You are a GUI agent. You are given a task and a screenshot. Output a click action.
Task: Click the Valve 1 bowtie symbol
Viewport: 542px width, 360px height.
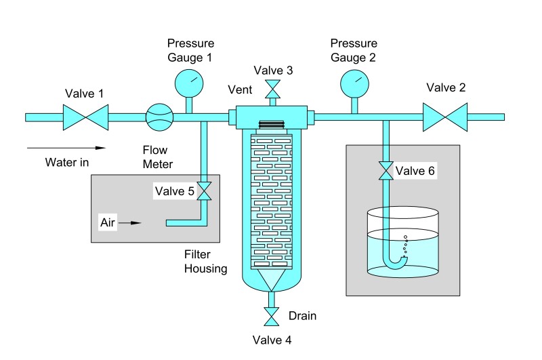tap(84, 117)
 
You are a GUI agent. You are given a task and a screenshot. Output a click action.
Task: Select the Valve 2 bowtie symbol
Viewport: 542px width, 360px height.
tap(445, 117)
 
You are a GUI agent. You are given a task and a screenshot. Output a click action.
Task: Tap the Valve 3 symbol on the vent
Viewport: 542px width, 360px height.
tap(272, 89)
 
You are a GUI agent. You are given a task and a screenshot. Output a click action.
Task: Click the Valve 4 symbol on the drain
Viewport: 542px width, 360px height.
tap(272, 317)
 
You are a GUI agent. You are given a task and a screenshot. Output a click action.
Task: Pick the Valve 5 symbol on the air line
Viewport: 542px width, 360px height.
tap(205, 192)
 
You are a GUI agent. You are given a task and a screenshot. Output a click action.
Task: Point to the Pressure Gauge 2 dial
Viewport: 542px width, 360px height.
tap(353, 83)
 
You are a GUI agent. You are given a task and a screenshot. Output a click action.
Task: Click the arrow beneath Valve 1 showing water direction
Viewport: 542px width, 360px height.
tap(67, 146)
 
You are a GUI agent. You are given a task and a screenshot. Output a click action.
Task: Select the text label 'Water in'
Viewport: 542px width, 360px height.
tap(68, 162)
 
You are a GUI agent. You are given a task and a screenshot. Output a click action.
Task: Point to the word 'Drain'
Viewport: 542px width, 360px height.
tap(302, 316)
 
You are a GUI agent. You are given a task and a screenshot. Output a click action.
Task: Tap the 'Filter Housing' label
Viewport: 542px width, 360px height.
tap(205, 262)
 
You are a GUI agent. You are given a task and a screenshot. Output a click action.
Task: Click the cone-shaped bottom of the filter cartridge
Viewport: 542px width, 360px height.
tap(272, 279)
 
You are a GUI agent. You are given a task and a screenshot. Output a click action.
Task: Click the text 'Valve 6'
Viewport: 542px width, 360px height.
tap(415, 172)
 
